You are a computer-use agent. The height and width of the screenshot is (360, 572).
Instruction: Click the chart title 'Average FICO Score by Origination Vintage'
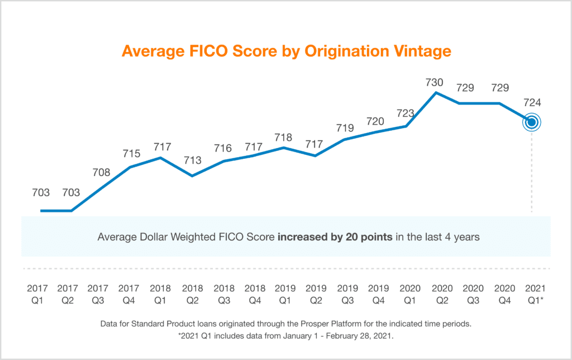[286, 51]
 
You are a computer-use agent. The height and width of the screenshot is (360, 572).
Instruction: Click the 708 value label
[101, 172]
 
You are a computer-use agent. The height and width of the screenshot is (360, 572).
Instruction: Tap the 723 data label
[404, 113]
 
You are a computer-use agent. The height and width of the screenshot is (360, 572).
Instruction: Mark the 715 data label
[131, 153]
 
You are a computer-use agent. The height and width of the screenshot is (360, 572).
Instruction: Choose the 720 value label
[375, 121]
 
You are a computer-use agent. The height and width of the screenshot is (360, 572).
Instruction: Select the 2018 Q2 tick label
[192, 294]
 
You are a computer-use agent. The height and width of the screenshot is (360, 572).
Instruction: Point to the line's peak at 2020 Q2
[436, 93]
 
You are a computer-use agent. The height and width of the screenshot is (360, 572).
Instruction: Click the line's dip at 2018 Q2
[193, 176]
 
